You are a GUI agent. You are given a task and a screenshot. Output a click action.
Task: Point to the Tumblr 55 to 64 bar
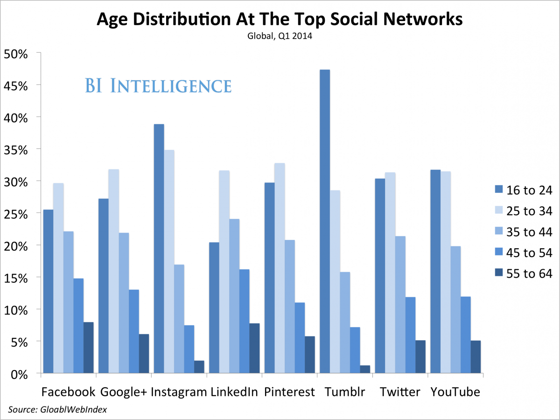365,369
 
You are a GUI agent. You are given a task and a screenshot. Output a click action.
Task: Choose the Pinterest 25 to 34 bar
280,268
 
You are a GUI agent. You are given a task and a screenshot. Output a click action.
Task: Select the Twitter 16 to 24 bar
380,276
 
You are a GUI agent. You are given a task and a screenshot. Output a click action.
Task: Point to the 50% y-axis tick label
16,53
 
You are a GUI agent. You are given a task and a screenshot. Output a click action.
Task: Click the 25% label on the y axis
16,214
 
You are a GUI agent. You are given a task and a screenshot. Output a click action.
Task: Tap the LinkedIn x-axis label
234,392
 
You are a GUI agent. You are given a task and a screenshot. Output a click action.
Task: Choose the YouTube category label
455,392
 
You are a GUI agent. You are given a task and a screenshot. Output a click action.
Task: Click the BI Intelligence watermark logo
158,86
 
